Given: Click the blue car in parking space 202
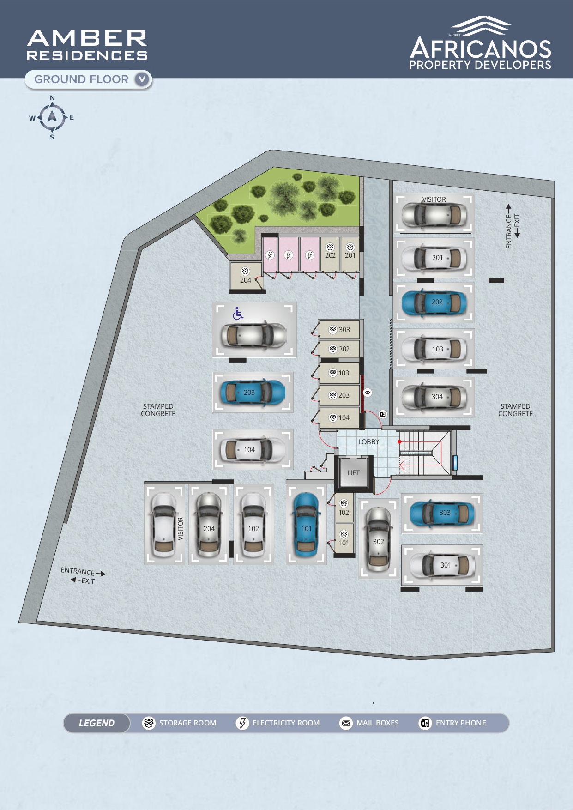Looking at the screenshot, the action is click(x=434, y=302).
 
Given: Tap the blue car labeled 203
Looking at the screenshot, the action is click(x=252, y=393).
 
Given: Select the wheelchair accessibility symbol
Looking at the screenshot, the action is click(x=238, y=314).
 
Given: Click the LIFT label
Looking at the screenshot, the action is click(x=353, y=473).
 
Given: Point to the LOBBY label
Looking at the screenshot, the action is click(x=368, y=442).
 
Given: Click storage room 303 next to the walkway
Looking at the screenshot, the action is click(x=339, y=330).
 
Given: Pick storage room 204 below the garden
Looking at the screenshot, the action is click(x=246, y=276).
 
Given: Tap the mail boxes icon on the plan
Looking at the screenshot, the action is click(x=368, y=393).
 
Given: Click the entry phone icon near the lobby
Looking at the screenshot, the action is click(x=383, y=414).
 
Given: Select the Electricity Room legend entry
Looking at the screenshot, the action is click(x=278, y=723).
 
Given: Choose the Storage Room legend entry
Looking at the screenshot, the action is click(x=179, y=723).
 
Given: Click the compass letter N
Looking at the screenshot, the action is click(x=52, y=98).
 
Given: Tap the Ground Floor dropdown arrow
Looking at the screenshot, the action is click(x=142, y=79).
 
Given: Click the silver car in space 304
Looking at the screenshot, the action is click(x=434, y=397).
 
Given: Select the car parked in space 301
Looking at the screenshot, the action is click(x=442, y=565).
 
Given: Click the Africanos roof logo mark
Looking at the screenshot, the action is click(x=481, y=26).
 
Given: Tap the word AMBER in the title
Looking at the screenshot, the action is click(x=87, y=38).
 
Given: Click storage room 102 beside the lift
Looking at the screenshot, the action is click(x=344, y=508).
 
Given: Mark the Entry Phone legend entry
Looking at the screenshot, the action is click(x=452, y=723).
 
